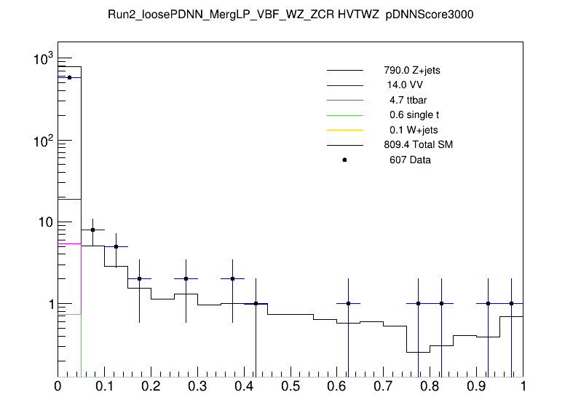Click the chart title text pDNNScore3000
435,15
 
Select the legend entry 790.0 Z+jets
411,71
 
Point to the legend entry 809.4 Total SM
418,145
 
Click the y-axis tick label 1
50,303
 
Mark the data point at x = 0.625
349,303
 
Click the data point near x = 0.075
92,230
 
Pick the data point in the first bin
69,77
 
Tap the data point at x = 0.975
511,303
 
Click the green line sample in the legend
344,115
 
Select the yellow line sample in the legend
344,130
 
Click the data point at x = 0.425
256,303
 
